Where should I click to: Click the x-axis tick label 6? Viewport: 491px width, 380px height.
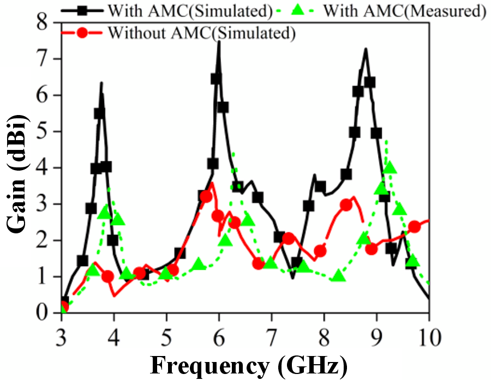219,337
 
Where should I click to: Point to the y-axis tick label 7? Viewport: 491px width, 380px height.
42,59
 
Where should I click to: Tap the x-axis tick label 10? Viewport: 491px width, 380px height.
428,337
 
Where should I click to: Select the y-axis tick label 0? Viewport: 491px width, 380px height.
42,313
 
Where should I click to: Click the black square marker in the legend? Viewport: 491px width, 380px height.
82,10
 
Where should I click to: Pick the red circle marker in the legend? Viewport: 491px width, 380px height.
82,32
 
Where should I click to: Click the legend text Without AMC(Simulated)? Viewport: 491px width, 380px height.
202,33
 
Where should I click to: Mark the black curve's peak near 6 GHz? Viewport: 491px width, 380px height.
219,41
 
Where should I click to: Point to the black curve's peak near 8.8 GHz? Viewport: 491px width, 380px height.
366,49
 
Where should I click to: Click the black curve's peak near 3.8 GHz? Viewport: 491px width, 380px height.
101,83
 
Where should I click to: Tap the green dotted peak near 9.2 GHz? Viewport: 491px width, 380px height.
387,141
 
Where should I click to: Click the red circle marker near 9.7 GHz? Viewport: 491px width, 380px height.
415,227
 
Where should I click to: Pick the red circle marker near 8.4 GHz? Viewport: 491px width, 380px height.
346,206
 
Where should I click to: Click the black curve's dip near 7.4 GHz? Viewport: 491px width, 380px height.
292,278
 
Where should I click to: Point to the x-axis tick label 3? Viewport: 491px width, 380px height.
61,337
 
